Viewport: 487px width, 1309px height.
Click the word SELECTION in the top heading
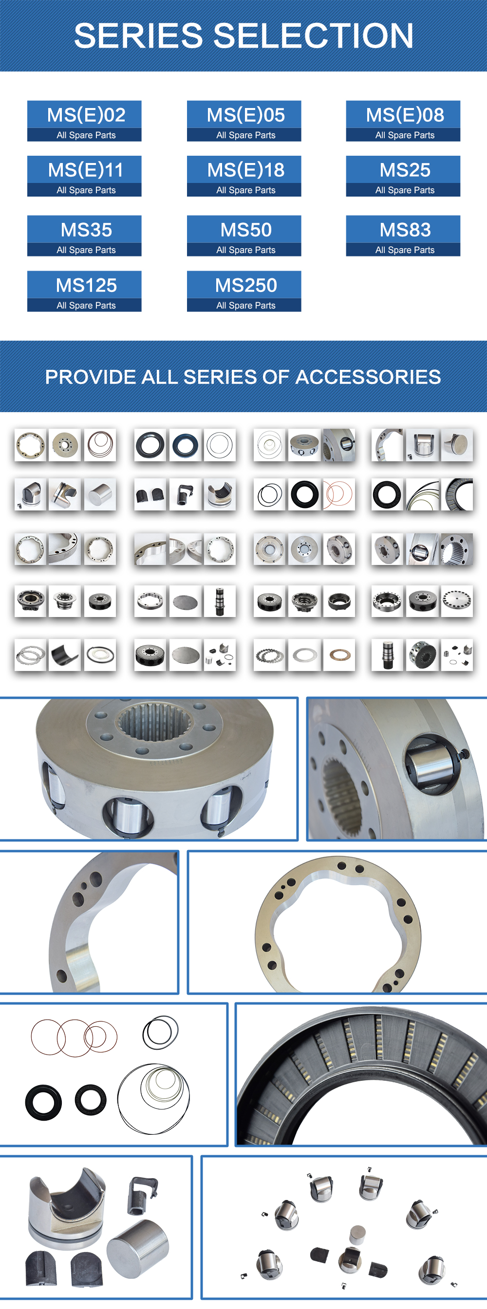pos(313,36)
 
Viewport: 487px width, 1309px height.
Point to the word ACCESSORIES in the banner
pos(368,377)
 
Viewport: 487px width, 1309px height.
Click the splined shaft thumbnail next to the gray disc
pos(220,601)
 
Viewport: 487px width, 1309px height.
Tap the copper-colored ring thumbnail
pos(339,655)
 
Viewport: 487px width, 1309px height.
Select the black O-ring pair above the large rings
pos(161,1032)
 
